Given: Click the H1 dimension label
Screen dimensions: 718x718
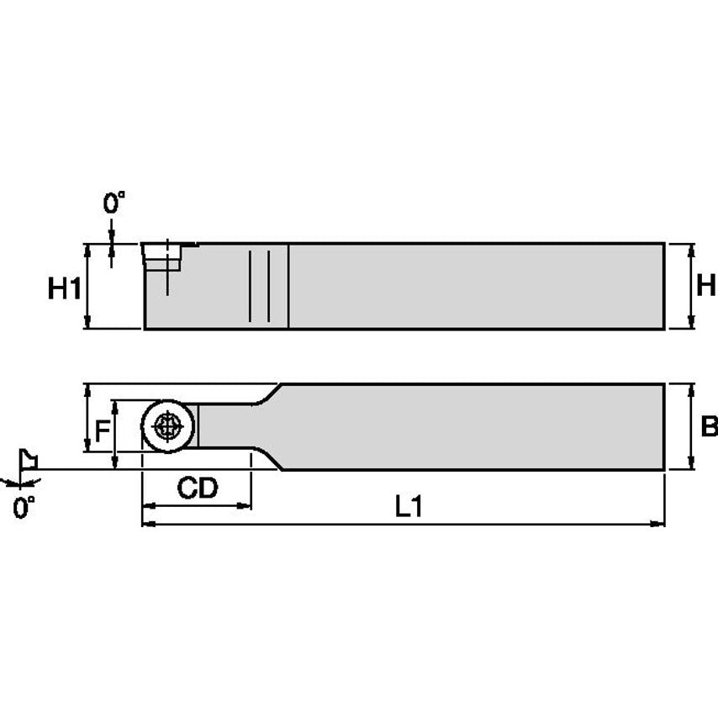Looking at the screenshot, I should (x=64, y=288).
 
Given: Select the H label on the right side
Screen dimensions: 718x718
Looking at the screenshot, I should (x=706, y=285).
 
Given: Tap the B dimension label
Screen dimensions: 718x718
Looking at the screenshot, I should (x=709, y=426).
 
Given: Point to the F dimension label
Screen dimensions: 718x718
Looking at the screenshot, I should (x=102, y=432).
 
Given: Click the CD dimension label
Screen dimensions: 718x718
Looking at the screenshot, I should (x=198, y=488).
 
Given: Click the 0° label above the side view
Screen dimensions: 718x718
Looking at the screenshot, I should (x=114, y=203).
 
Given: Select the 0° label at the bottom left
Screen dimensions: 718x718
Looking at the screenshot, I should (x=24, y=507).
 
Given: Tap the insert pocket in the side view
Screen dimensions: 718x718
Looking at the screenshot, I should (x=162, y=256).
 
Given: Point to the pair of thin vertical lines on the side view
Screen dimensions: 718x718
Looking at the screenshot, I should (x=259, y=286).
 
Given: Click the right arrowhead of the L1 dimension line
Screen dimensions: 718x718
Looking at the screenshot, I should (x=658, y=524).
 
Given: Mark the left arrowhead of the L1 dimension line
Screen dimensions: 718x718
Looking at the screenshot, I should (x=149, y=524).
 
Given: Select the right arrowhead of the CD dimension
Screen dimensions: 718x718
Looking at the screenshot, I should (x=245, y=506).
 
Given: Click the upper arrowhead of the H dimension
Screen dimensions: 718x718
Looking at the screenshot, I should (x=691, y=250).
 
